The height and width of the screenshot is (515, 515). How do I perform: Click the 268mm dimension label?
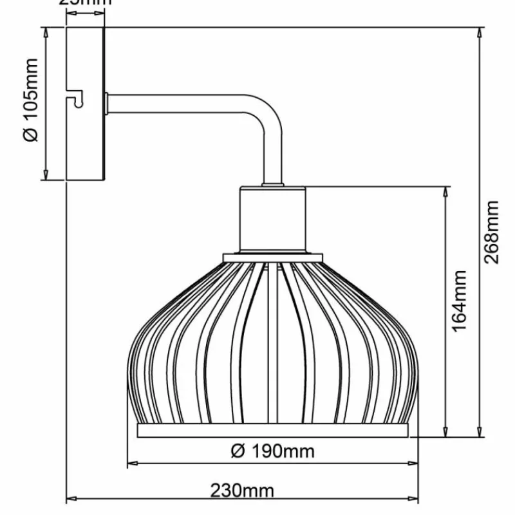click(x=491, y=232)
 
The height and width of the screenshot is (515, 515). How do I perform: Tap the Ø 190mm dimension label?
click(x=272, y=451)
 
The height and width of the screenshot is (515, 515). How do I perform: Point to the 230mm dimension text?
click(x=242, y=491)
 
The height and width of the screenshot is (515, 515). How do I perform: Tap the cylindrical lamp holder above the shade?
click(x=272, y=219)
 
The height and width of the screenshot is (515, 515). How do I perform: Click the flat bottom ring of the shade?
click(x=273, y=430)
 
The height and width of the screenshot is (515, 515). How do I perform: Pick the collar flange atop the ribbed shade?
click(x=272, y=257)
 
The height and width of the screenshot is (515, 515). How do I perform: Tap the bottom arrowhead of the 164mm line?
click(x=445, y=431)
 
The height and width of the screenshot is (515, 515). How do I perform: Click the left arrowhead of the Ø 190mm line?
click(x=132, y=462)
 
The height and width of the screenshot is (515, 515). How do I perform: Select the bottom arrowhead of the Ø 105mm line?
click(x=46, y=174)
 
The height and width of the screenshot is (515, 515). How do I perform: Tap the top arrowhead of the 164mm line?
click(x=445, y=192)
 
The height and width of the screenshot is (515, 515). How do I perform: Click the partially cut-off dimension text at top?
click(x=85, y=3)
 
